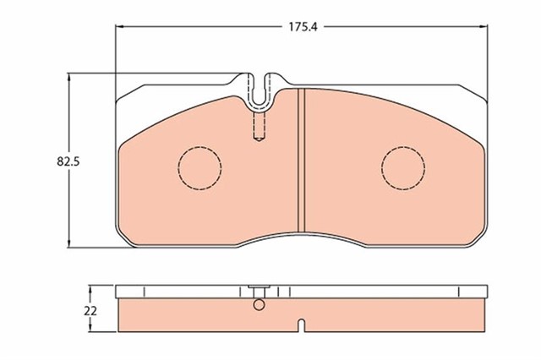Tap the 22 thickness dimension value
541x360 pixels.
click(90, 310)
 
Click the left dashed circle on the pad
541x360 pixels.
click(199, 166)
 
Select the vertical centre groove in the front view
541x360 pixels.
click(302, 161)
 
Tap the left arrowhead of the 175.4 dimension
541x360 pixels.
click(118, 27)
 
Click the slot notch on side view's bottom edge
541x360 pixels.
click(301, 325)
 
